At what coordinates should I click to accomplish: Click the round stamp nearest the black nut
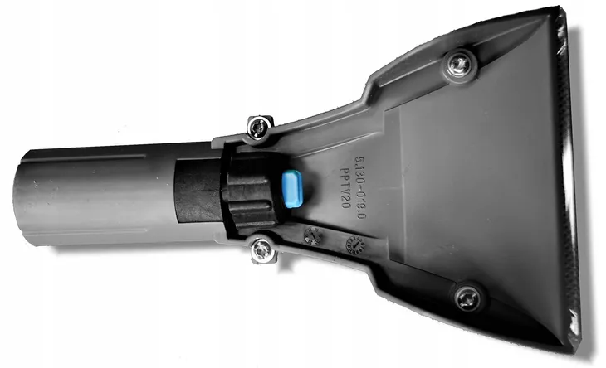tap(311, 236)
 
